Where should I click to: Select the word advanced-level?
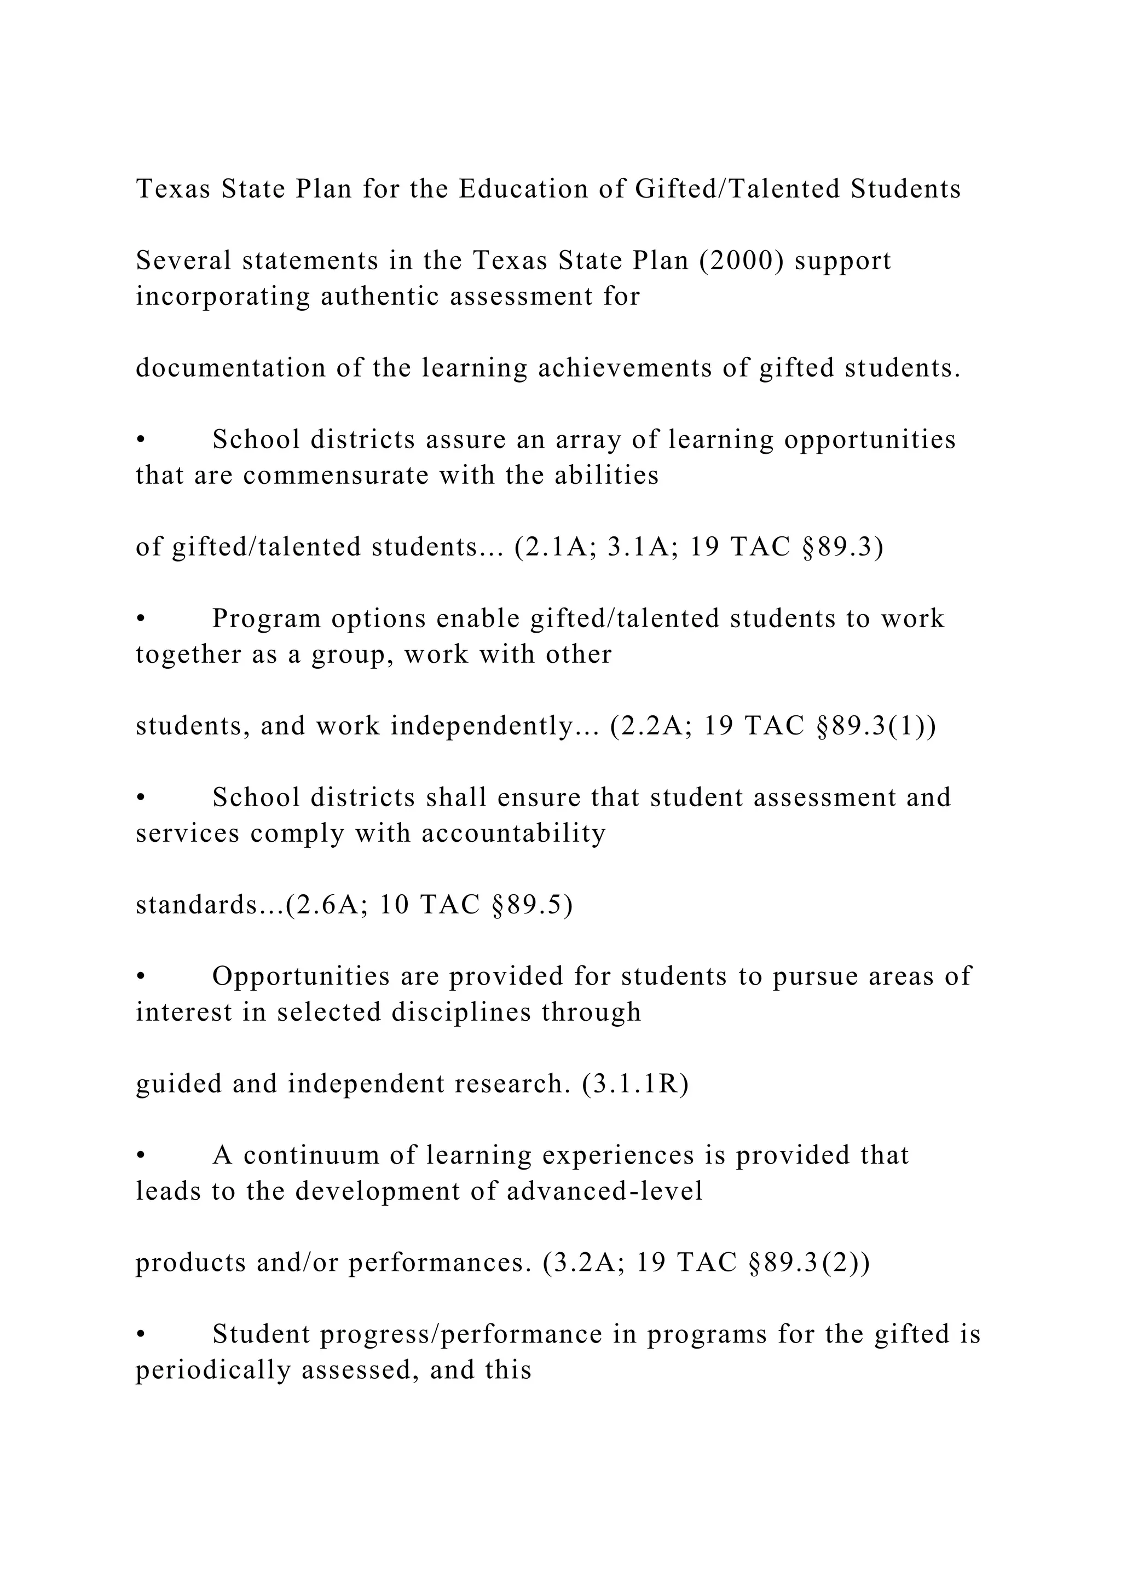pos(605,1191)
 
